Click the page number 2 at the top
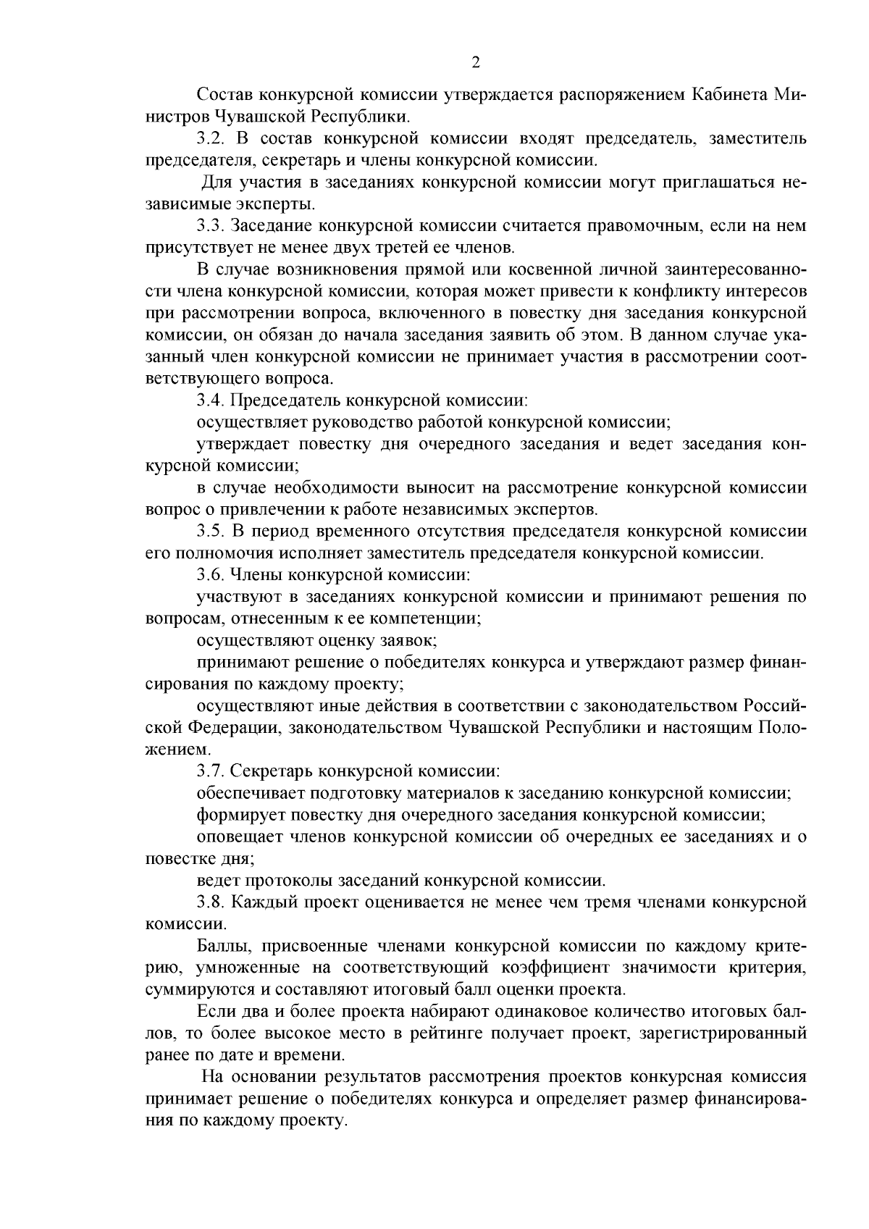476,63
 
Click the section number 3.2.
211,139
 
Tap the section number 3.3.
211,227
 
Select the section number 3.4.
211,400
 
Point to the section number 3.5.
211,532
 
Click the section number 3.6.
211,576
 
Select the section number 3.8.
211,902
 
